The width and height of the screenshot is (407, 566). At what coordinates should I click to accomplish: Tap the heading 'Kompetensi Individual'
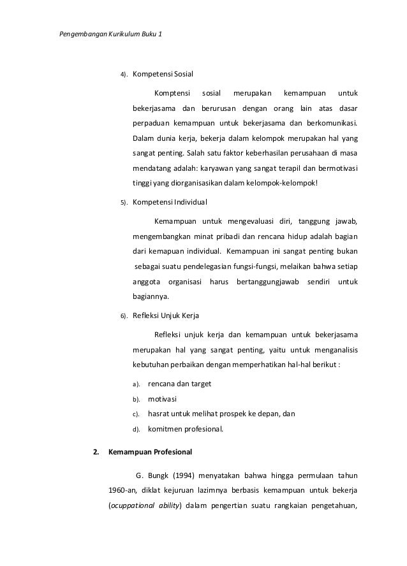[x=169, y=203]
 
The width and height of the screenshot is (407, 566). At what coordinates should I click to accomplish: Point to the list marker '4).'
[x=124, y=74]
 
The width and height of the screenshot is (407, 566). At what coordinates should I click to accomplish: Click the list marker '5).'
[x=124, y=203]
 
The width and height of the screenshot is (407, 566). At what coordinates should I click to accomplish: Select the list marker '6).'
[x=124, y=316]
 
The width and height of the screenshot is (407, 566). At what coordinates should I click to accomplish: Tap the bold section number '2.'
[x=96, y=453]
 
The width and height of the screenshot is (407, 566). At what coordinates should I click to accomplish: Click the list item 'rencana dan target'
[x=179, y=384]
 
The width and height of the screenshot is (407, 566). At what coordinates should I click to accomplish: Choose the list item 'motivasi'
[x=163, y=398]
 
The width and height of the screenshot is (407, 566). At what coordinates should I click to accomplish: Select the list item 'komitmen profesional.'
[x=186, y=428]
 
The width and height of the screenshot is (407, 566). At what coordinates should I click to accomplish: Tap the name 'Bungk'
[x=158, y=476]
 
